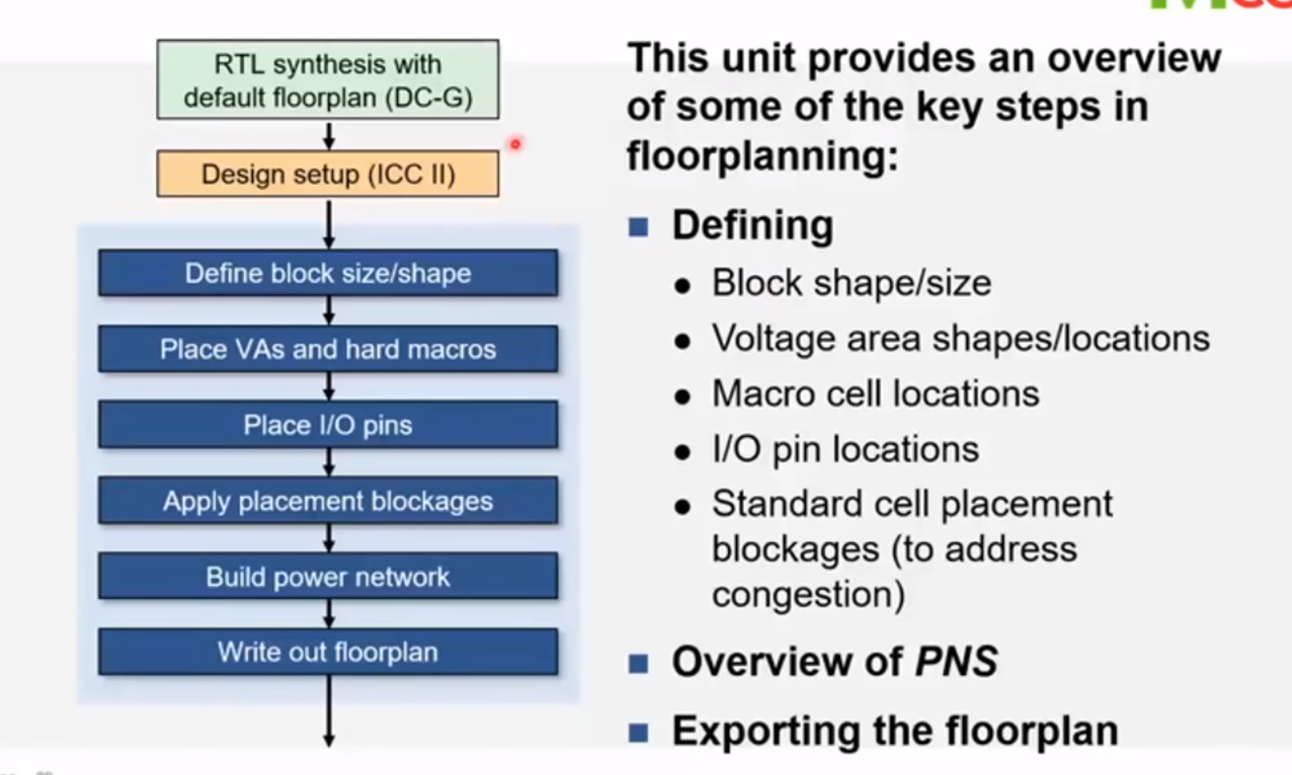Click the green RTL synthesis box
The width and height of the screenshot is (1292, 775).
(327, 79)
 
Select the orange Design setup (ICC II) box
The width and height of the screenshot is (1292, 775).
(327, 174)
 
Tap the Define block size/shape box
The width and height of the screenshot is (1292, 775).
(327, 273)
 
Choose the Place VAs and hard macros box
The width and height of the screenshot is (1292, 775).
(327, 349)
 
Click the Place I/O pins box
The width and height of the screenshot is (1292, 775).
(327, 425)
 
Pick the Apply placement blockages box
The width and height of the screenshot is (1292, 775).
(327, 501)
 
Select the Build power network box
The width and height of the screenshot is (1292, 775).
(327, 577)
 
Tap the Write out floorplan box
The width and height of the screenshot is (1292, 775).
(327, 652)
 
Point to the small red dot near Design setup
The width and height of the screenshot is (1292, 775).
(515, 144)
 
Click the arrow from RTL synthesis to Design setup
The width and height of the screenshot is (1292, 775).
(328, 134)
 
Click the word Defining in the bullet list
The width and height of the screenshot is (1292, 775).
(753, 226)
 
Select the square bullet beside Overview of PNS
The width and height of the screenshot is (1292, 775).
(637, 664)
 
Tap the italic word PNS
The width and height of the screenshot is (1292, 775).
(956, 663)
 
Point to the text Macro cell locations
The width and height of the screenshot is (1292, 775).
(875, 394)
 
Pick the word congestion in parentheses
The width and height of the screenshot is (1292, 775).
(808, 593)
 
